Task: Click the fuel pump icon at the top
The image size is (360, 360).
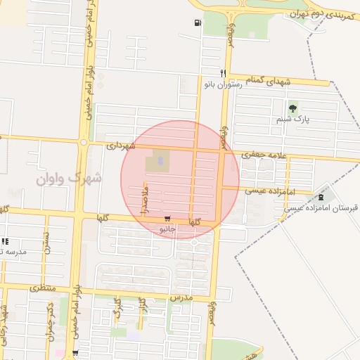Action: point(197,22)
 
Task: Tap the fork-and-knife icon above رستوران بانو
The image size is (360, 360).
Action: point(223,72)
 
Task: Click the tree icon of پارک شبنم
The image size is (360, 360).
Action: point(292,108)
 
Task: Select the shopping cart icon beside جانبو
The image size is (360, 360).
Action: point(167,219)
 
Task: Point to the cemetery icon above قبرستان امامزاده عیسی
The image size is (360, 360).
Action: point(321,196)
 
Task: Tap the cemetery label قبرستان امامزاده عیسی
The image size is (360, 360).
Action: point(321,209)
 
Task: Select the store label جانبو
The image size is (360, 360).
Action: point(167,229)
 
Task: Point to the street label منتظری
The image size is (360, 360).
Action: point(42,288)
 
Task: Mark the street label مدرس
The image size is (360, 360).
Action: point(181,298)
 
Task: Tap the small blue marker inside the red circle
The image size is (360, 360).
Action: point(160,162)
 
